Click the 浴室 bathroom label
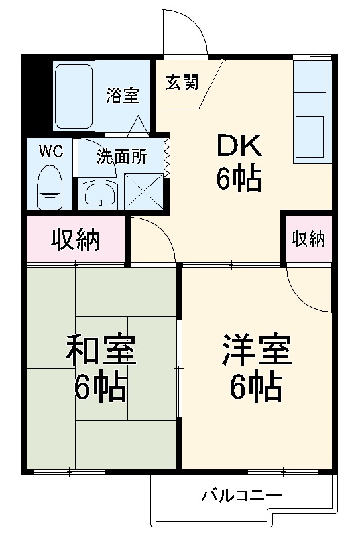click(122, 95)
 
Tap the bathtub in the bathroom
click(74, 95)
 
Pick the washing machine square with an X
click(143, 192)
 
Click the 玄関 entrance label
click(182, 82)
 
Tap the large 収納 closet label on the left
click(75, 239)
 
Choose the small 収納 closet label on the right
click(308, 239)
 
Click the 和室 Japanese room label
click(101, 351)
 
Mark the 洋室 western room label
click(257, 350)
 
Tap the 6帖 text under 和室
click(101, 387)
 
